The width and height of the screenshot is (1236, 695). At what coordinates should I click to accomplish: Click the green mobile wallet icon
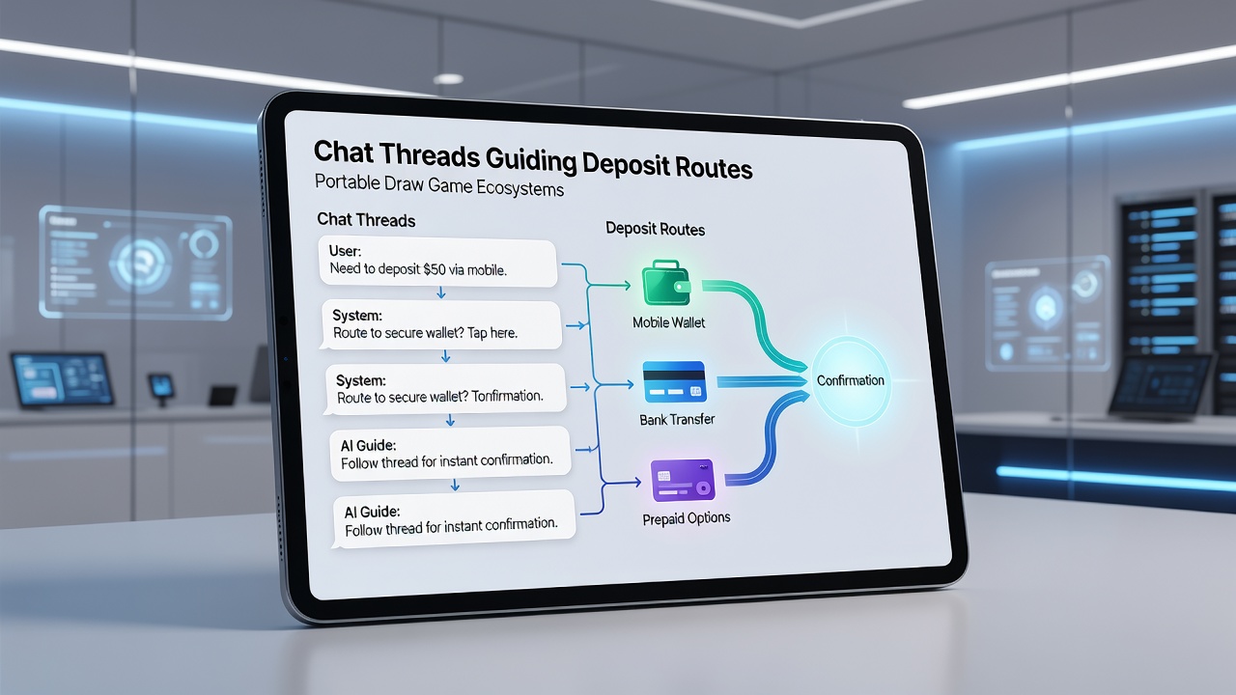point(666,283)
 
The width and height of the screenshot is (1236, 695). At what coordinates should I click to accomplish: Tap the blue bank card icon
point(674,381)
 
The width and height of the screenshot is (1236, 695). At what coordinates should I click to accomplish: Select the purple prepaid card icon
point(683,481)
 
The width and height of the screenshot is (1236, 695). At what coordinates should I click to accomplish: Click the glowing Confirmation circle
point(851,380)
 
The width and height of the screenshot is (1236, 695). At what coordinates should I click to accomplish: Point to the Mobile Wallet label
point(669,322)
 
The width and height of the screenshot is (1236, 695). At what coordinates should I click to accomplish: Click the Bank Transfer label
point(677,420)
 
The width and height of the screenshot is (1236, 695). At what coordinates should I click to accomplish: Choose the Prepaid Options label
point(687,518)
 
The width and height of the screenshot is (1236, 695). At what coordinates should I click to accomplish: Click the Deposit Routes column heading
point(655,229)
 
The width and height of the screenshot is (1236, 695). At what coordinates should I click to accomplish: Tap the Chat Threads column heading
point(366,219)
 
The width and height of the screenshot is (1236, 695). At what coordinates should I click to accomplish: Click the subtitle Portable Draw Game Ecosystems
point(439,185)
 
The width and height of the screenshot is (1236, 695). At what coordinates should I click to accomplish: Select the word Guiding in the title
point(531,159)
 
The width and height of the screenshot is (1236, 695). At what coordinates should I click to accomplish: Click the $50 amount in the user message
point(435,269)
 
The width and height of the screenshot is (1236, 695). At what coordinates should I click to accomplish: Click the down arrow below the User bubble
point(441,292)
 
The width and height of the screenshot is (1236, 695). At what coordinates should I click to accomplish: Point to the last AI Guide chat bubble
point(454,519)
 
